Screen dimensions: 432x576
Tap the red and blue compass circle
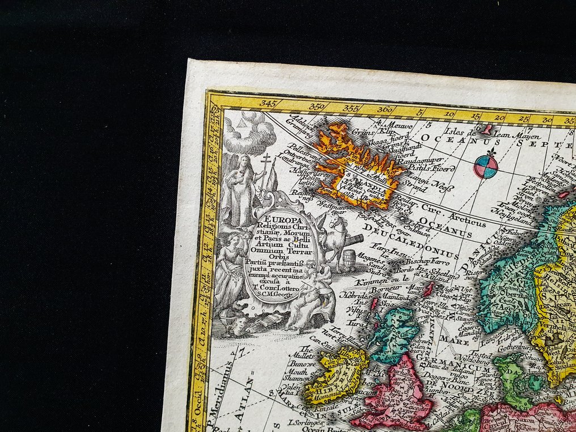point(486,167)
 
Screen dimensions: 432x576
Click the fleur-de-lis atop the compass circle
point(486,152)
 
